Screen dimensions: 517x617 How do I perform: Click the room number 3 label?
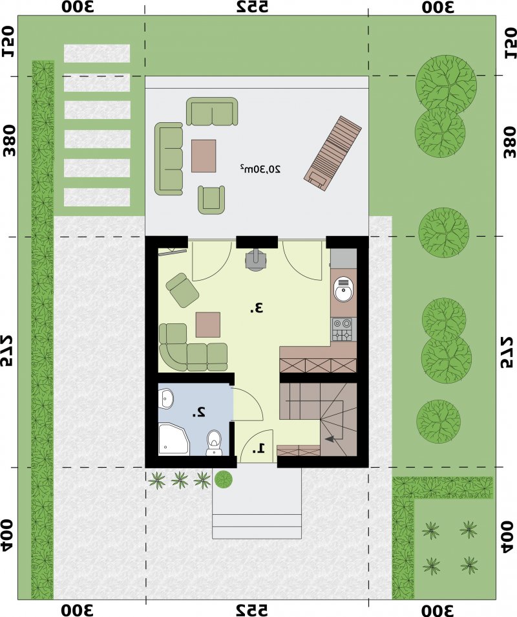[x=256, y=308]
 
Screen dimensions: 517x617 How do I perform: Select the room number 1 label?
[x=259, y=448]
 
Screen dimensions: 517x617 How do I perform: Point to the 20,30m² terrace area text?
[x=260, y=169]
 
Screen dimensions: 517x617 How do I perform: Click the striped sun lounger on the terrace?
[x=333, y=154]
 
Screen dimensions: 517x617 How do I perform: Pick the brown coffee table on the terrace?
[x=204, y=156]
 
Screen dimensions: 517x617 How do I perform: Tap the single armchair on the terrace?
[x=211, y=200]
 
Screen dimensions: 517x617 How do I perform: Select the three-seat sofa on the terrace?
[x=169, y=158]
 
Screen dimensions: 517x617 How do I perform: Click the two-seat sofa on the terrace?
[x=212, y=111]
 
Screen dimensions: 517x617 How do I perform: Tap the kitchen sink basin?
[x=344, y=290]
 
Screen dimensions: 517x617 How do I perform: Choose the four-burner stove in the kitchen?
[x=343, y=330]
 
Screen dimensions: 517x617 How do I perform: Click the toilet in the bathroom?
[x=214, y=442]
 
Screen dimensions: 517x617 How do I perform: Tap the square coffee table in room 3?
[x=208, y=325]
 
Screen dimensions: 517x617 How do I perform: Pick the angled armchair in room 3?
[x=182, y=290]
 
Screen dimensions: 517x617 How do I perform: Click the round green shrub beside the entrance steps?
[x=224, y=479]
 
